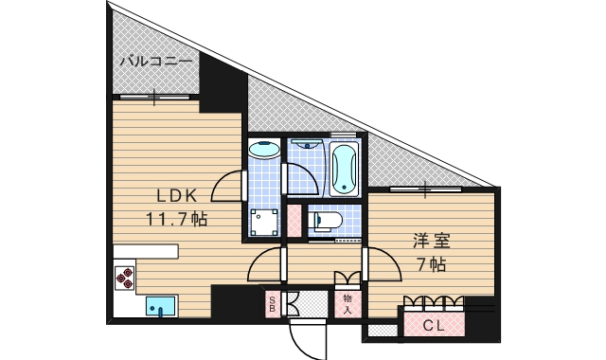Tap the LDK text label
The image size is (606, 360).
[x=176, y=196]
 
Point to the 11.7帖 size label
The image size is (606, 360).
[x=176, y=219]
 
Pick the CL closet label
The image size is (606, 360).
[x=435, y=325]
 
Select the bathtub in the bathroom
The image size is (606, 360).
[x=345, y=168]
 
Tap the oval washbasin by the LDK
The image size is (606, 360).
[x=263, y=150]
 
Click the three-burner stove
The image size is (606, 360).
[x=125, y=277]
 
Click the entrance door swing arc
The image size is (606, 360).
[x=305, y=336]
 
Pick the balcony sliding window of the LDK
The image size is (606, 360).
[x=152, y=97]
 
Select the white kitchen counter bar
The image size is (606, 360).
[x=146, y=251]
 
